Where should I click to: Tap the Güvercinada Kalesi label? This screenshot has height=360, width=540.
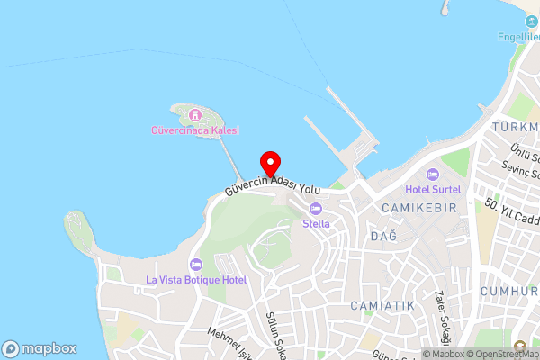point(194,130)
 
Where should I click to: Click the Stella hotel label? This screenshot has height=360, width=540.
point(316,223)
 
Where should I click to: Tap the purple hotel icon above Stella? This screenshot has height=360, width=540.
point(316,209)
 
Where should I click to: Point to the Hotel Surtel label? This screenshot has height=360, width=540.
point(433,189)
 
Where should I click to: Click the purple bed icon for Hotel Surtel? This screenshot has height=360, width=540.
point(433,175)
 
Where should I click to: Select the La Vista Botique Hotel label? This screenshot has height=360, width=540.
point(196,280)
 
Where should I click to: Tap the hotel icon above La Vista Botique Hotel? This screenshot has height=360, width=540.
point(197,265)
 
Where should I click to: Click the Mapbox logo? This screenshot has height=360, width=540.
point(40,348)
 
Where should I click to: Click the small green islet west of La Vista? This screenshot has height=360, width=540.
point(77,231)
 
